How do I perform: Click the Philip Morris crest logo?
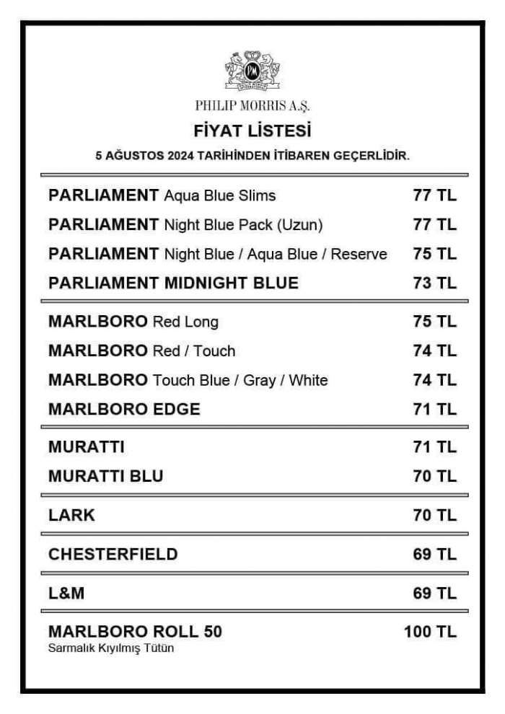pyautogui.click(x=252, y=70)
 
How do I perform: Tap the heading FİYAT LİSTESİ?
pyautogui.click(x=252, y=131)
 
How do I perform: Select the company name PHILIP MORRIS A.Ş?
pyautogui.click(x=252, y=105)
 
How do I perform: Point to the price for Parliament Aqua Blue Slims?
pyautogui.click(x=434, y=195)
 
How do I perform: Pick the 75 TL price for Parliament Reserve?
pyautogui.click(x=434, y=254)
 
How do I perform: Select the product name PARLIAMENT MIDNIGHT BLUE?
pyautogui.click(x=173, y=283)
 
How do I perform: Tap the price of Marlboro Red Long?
pyautogui.click(x=434, y=322)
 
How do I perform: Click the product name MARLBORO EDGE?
pyautogui.click(x=124, y=409)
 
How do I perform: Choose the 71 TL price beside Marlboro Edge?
pyautogui.click(x=434, y=409)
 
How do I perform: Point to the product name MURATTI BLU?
pyautogui.click(x=105, y=476)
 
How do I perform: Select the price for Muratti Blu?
pyautogui.click(x=434, y=476)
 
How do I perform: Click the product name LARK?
pyautogui.click(x=71, y=515)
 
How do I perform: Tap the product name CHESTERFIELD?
pyautogui.click(x=113, y=554)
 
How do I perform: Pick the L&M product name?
pyautogui.click(x=66, y=593)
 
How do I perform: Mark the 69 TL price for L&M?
pyautogui.click(x=434, y=593)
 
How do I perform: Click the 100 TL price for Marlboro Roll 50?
pyautogui.click(x=430, y=632)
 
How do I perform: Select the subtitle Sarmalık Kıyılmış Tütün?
pyautogui.click(x=111, y=648)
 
